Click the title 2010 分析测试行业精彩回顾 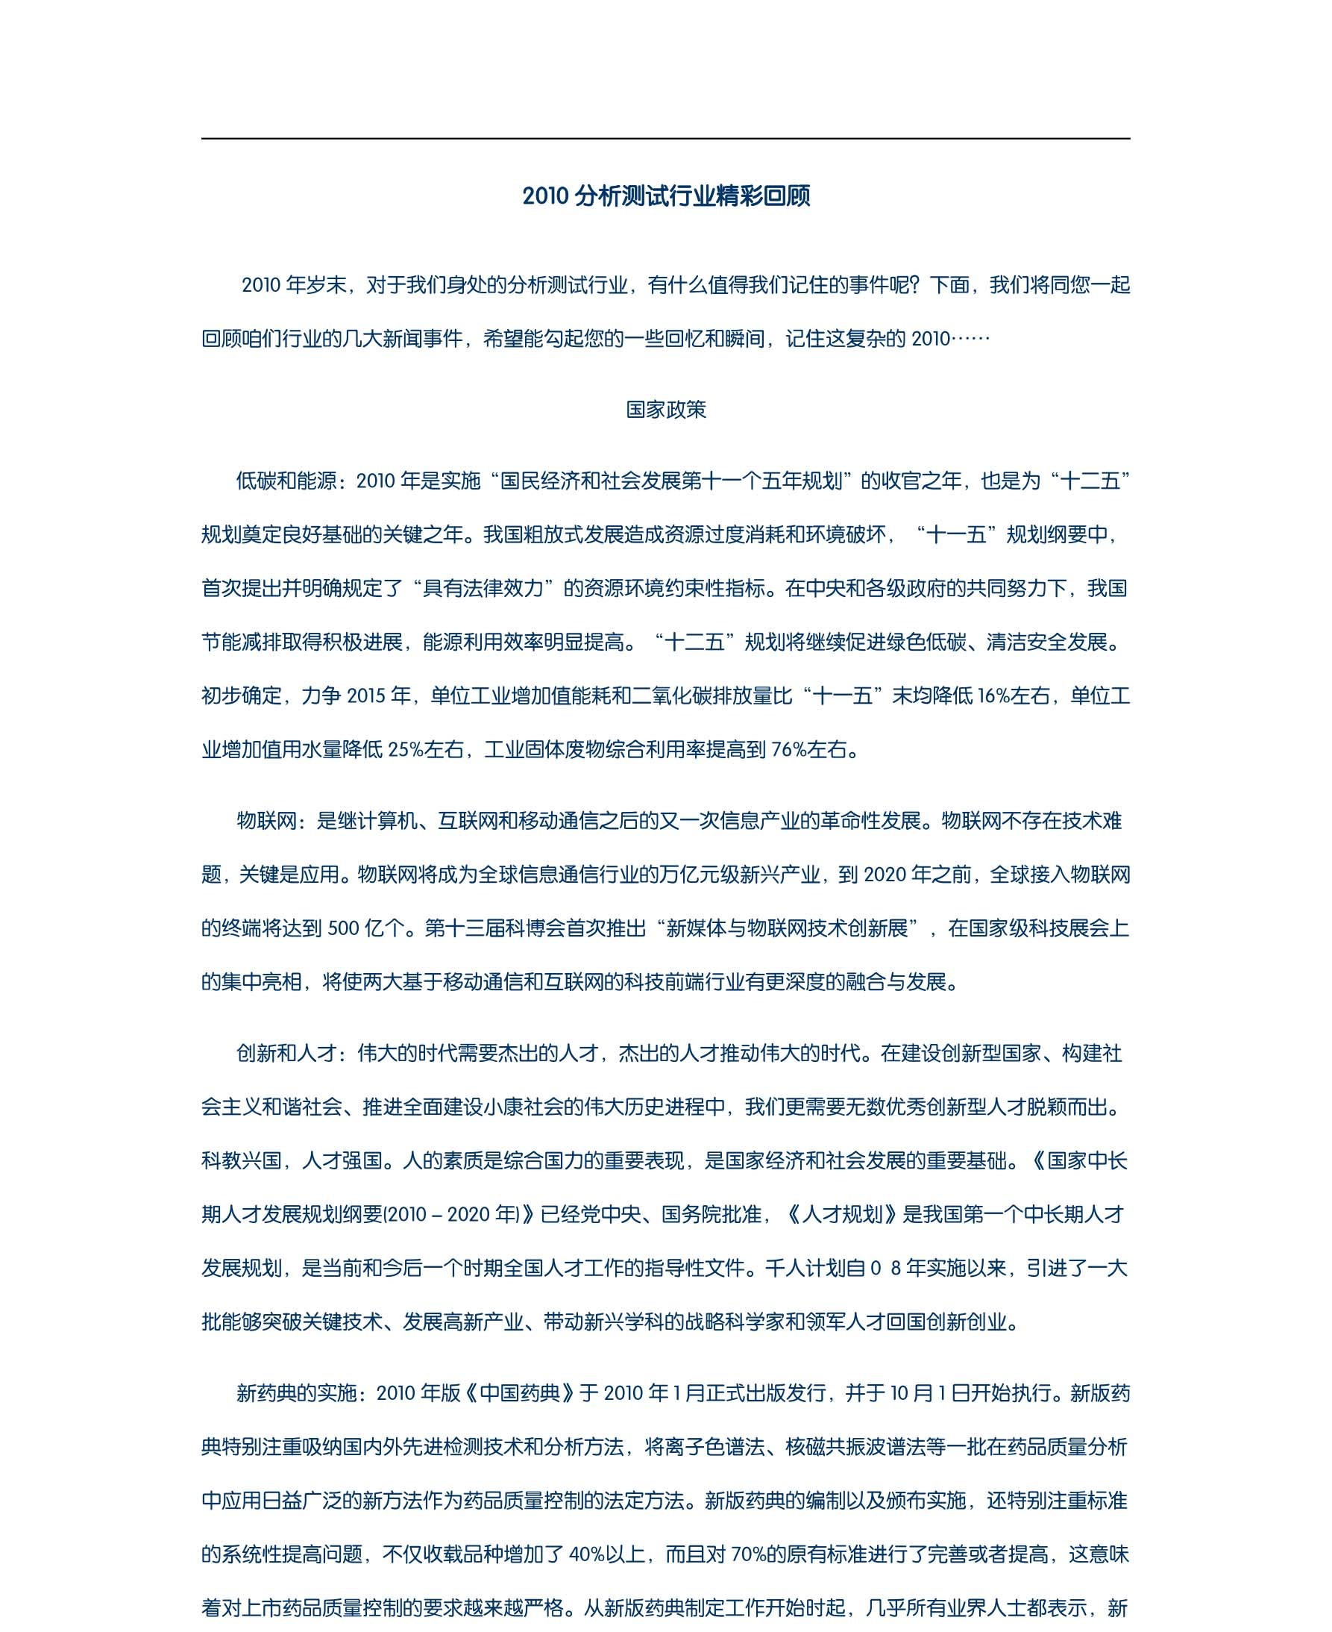[x=666, y=196]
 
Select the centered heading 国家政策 [x=666, y=410]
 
